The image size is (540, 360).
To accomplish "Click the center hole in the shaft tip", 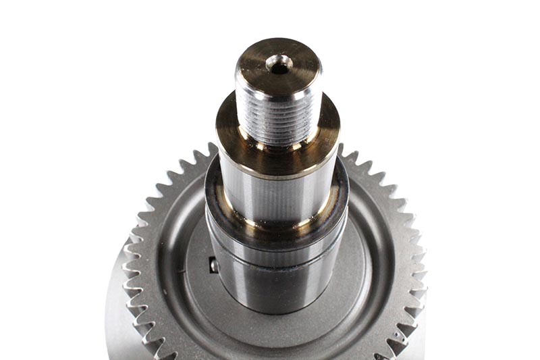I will coord(279,64).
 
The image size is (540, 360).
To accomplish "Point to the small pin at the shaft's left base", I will coord(214,266).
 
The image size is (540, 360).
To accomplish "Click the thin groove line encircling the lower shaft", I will coord(277,259).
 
